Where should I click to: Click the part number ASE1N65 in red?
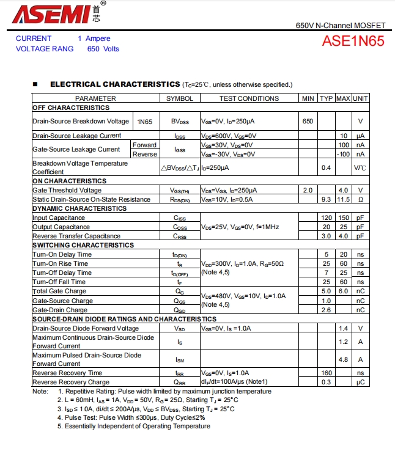[353, 42]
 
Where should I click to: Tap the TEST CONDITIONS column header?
[249, 98]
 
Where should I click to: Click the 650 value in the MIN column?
[308, 122]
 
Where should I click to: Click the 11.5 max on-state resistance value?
[343, 199]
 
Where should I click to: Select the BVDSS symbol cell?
[180, 122]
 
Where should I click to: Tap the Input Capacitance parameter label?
[59, 218]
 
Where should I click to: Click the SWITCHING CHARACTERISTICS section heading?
[83, 245]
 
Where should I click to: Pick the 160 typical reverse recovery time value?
[326, 373]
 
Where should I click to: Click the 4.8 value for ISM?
[343, 359]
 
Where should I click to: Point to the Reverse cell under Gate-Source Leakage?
[145, 154]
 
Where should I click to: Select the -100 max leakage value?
[343, 154]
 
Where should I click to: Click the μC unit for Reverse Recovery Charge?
[361, 382]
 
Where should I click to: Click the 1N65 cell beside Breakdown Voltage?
[145, 122]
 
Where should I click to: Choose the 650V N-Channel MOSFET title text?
[341, 26]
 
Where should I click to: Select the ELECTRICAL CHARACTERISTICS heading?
[115, 84]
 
